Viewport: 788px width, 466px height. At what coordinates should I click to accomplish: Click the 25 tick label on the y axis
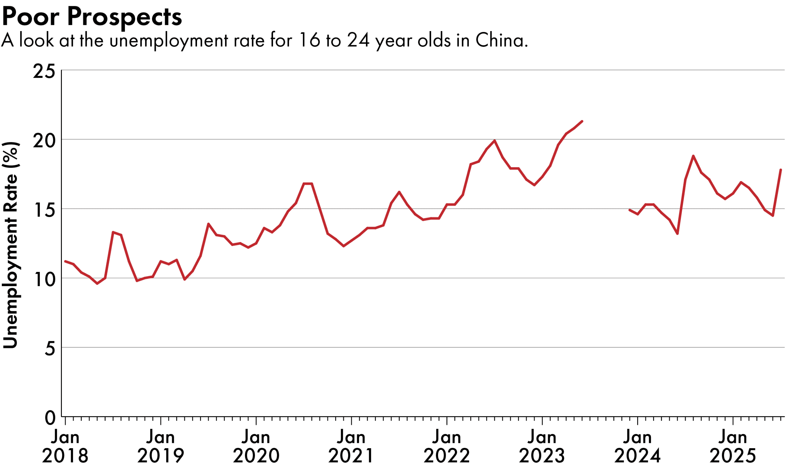44,71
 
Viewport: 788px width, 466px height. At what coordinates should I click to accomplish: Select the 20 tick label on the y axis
44,141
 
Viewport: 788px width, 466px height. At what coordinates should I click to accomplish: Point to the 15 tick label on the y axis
44,210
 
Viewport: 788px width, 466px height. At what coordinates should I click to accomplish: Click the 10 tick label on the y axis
44,279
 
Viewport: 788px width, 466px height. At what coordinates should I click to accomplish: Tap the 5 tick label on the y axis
50,349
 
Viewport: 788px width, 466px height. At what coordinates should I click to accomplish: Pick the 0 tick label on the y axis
50,418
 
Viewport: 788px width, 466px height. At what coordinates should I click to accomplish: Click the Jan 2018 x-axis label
65,446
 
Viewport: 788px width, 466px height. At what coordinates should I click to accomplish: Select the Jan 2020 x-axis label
256,446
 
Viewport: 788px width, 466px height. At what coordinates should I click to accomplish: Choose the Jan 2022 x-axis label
447,446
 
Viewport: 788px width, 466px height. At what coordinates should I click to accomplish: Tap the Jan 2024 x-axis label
637,446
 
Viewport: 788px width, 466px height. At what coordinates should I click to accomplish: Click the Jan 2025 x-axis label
733,446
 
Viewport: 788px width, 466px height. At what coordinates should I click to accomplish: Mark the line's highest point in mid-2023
582,121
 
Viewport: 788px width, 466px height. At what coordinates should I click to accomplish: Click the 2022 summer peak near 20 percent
495,140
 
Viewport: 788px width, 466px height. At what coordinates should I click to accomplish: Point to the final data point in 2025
781,170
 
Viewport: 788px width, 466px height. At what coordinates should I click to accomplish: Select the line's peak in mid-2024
693,156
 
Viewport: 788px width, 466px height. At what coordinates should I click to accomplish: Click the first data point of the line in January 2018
65,261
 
